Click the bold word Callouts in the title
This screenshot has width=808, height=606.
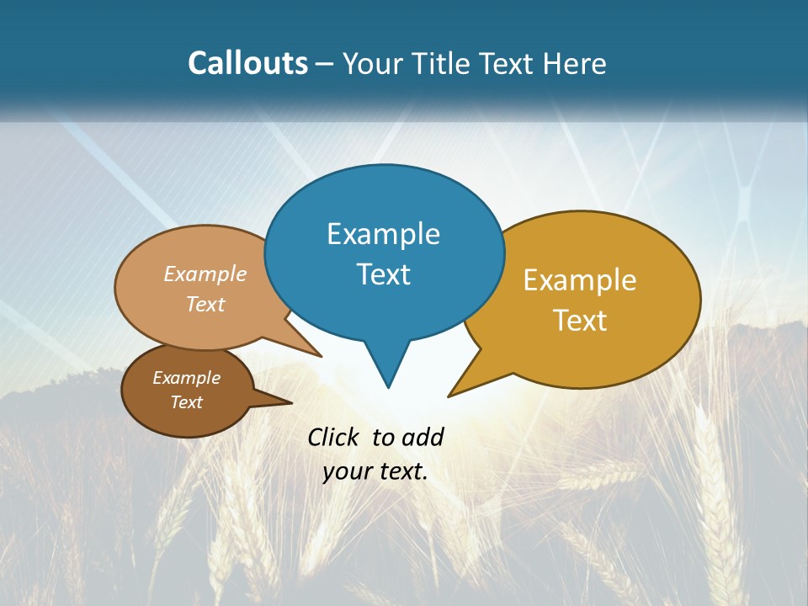[247, 63]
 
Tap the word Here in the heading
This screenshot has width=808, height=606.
[576, 63]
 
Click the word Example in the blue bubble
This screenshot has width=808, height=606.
[383, 234]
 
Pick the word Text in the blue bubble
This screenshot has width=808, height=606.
[383, 274]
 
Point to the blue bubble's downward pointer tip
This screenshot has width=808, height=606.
[388, 386]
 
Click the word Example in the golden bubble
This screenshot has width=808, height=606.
[580, 280]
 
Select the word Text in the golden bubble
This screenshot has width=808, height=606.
[581, 321]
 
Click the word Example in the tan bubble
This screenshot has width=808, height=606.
[205, 274]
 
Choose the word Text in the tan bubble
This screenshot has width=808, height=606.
[205, 304]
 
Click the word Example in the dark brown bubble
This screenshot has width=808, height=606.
[186, 378]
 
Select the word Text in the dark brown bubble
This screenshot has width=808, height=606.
[186, 402]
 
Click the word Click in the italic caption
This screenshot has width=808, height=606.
[333, 437]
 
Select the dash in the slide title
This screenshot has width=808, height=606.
[325, 64]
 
